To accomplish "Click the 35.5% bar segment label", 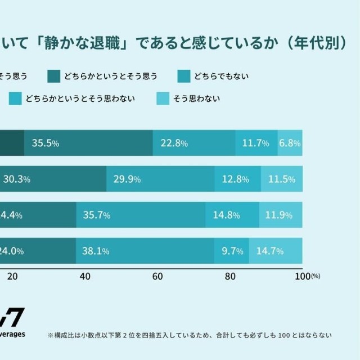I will [x=46, y=143].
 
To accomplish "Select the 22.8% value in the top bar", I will [x=174, y=143].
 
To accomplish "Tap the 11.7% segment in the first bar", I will [x=255, y=143].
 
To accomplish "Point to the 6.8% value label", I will [x=290, y=143].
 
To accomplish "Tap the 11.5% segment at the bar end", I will [x=282, y=179].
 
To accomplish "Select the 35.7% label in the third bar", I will [x=96, y=215].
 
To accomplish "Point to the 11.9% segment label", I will [x=281, y=215].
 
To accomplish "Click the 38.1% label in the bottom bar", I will [x=96, y=251].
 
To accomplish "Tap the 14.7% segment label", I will [x=270, y=251].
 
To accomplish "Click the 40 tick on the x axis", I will [x=85, y=276].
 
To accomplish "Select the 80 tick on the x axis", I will [x=230, y=276].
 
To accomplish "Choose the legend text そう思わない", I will [x=197, y=99].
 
